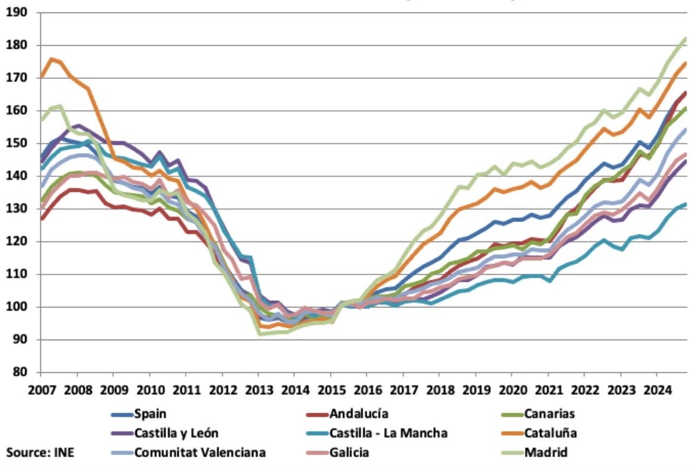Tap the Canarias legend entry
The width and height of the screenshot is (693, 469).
click(x=549, y=414)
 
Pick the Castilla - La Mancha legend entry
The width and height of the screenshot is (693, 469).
click(x=389, y=433)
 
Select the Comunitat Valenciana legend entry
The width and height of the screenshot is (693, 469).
click(x=200, y=452)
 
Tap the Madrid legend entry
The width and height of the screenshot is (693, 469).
click(x=546, y=452)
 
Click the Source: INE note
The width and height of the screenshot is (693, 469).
click(x=40, y=452)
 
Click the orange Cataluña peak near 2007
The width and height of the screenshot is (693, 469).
click(x=51, y=59)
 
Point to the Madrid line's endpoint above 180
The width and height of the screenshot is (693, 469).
click(x=685, y=39)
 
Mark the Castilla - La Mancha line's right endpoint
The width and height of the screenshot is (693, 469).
click(x=685, y=204)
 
